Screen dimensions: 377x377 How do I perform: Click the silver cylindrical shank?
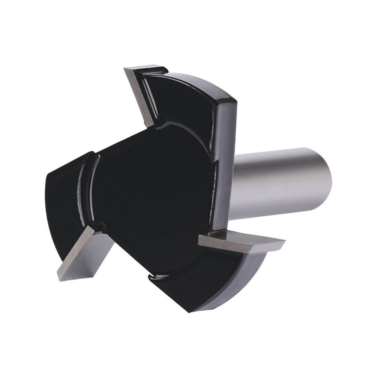[x=283, y=181]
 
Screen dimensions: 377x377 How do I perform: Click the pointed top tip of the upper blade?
[x=126, y=70]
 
